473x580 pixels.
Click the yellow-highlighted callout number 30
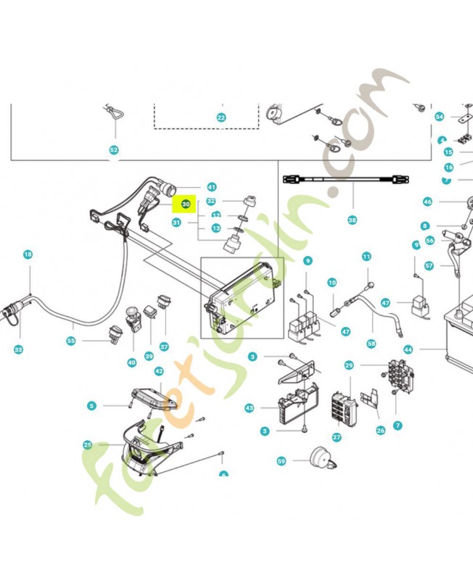point(186,204)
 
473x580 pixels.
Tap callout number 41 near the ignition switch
point(212,186)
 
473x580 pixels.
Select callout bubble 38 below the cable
point(353,220)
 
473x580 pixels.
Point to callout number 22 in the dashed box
point(222,117)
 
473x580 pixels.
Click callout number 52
point(113,150)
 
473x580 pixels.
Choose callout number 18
point(28,254)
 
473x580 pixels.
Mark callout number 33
point(18,349)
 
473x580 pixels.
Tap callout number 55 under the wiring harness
point(71,340)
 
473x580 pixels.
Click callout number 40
point(131,362)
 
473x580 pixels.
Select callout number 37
point(164,347)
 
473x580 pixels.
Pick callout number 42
point(159,370)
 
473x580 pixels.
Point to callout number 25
point(88,444)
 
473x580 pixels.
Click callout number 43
point(250,408)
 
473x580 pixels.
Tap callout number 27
point(337,437)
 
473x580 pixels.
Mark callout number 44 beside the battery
point(408,349)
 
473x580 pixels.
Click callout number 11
point(366,256)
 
